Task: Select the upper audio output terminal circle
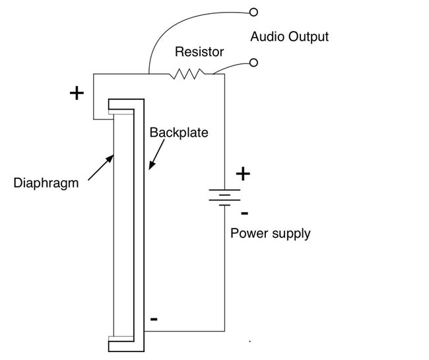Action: point(253,11)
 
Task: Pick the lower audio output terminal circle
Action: point(253,63)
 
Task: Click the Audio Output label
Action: point(289,36)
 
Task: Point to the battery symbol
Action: point(224,197)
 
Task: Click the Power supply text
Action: point(270,233)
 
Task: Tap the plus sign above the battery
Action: point(244,174)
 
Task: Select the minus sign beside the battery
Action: point(244,213)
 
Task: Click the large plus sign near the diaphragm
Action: point(77,92)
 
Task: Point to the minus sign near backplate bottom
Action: point(154,319)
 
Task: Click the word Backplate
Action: point(178,132)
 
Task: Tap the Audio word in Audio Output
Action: point(267,36)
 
